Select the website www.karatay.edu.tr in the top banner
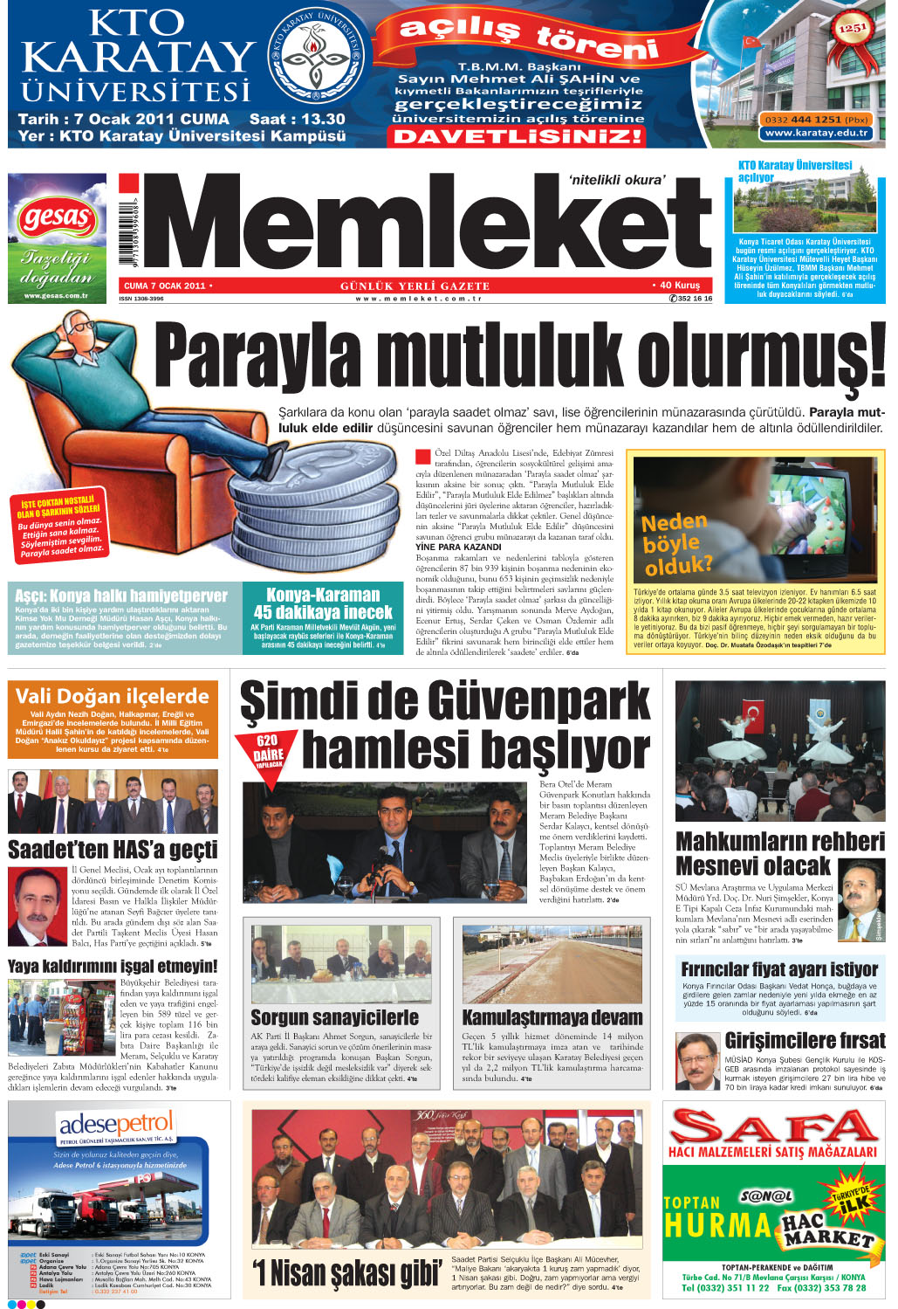pyautogui.click(x=816, y=133)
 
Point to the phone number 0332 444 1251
pyautogui.click(x=815, y=120)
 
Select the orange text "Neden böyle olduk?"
pyautogui.click(x=675, y=544)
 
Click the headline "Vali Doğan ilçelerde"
pyautogui.click(x=113, y=696)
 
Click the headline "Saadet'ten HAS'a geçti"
pyautogui.click(x=113, y=849)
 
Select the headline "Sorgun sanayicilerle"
pyautogui.click(x=334, y=1017)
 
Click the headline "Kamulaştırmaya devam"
pyautogui.click(x=552, y=1017)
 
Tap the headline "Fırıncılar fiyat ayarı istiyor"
pyautogui.click(x=779, y=968)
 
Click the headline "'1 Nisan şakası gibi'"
pyautogui.click(x=346, y=1272)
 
